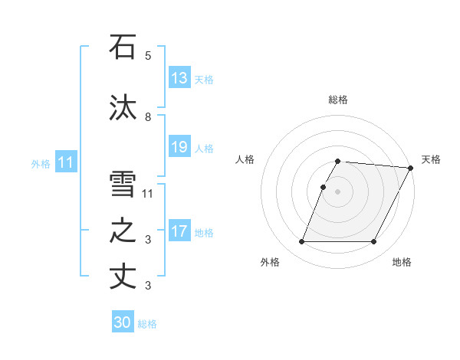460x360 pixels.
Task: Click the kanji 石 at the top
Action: [x=123, y=47]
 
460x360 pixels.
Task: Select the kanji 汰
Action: [x=123, y=108]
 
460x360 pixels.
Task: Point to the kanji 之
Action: [x=123, y=231]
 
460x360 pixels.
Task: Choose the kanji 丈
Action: [x=123, y=277]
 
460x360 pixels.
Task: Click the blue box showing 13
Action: [x=179, y=78]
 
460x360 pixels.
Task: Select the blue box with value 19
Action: [x=179, y=147]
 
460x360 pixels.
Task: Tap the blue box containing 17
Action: [x=179, y=231]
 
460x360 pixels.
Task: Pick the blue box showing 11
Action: [x=66, y=162]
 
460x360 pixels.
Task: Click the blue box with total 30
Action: [x=123, y=322]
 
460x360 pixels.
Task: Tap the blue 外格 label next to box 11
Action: [x=41, y=163]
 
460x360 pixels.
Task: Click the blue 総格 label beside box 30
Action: [x=147, y=324]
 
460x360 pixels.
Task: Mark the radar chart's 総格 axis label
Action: [x=338, y=100]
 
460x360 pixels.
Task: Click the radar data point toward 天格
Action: [x=411, y=168]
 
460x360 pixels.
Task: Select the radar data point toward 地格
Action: [x=374, y=242]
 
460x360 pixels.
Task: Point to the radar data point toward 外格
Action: [x=301, y=242]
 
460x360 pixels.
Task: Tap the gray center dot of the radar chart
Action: [x=338, y=191]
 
